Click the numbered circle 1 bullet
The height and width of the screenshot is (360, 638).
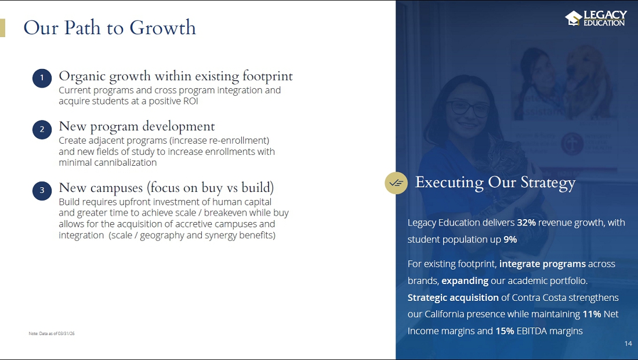click(42, 78)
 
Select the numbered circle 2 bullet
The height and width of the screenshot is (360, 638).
click(42, 129)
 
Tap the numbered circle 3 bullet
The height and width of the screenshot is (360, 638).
click(42, 190)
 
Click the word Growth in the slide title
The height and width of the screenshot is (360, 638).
click(163, 28)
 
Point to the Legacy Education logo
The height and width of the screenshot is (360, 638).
click(596, 19)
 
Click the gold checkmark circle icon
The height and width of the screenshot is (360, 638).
click(396, 183)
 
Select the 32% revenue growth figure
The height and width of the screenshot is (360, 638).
click(526, 223)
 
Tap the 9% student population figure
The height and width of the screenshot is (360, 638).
click(510, 239)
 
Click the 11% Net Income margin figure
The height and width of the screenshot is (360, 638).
click(592, 314)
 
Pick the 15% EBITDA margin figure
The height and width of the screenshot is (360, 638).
click(505, 331)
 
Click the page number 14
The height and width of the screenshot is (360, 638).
click(628, 344)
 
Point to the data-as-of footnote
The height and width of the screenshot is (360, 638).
click(52, 333)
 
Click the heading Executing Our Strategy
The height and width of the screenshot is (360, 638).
click(495, 183)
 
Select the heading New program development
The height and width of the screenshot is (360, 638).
click(137, 127)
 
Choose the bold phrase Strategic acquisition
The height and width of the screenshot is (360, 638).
click(453, 298)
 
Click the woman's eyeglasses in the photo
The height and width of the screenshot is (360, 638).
click(468, 108)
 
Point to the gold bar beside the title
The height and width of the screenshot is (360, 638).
click(2, 28)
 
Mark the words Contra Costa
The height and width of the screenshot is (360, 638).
click(539, 298)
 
